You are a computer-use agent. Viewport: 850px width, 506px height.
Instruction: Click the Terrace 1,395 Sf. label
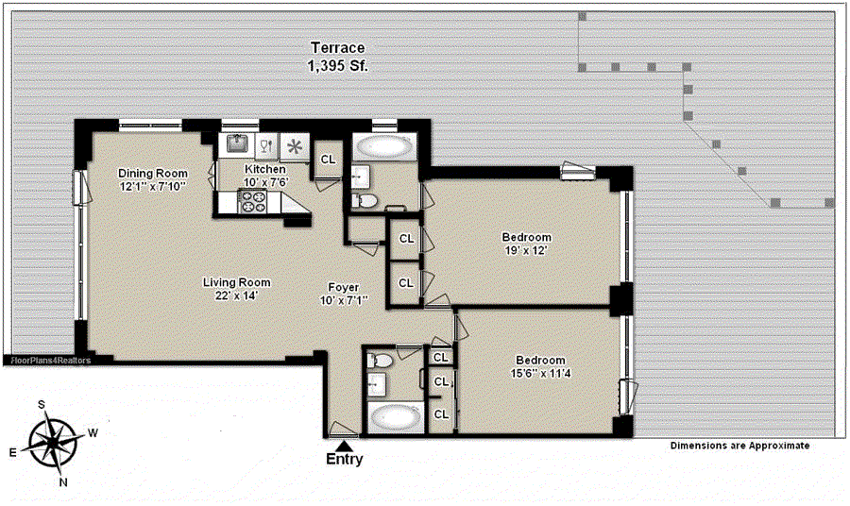pyautogui.click(x=338, y=57)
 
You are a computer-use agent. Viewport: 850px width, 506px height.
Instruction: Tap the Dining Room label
pyautogui.click(x=153, y=174)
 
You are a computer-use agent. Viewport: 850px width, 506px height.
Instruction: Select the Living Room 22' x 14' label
pyautogui.click(x=236, y=289)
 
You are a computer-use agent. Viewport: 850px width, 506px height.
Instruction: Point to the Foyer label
pyautogui.click(x=344, y=287)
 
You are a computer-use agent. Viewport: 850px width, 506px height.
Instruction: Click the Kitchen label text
pyautogui.click(x=265, y=169)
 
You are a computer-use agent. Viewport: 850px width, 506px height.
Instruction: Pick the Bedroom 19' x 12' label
pyautogui.click(x=526, y=244)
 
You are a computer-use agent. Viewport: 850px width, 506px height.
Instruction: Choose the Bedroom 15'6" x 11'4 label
pyautogui.click(x=540, y=367)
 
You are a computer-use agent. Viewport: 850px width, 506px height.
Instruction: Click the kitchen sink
pyautogui.click(x=237, y=144)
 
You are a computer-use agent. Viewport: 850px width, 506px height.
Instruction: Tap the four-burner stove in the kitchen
pyautogui.click(x=252, y=201)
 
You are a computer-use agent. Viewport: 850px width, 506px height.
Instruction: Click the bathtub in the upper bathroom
pyautogui.click(x=384, y=147)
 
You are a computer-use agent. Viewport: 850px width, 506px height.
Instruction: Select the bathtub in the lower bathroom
pyautogui.click(x=395, y=418)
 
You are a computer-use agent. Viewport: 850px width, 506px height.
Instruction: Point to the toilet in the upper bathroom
pyautogui.click(x=365, y=201)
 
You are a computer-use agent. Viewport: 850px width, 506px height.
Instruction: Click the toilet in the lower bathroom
pyautogui.click(x=380, y=360)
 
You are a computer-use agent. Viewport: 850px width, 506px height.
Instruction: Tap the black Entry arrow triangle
pyautogui.click(x=344, y=446)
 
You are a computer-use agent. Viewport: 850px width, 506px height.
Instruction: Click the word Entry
pyautogui.click(x=344, y=460)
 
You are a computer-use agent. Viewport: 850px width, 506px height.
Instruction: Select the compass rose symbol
pyautogui.click(x=53, y=442)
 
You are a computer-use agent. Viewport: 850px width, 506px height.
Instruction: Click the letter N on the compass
pyautogui.click(x=63, y=482)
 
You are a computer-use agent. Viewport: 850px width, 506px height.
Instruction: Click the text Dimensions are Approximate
pyautogui.click(x=739, y=446)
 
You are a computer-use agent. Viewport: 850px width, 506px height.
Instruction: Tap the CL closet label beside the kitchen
pyautogui.click(x=328, y=160)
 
